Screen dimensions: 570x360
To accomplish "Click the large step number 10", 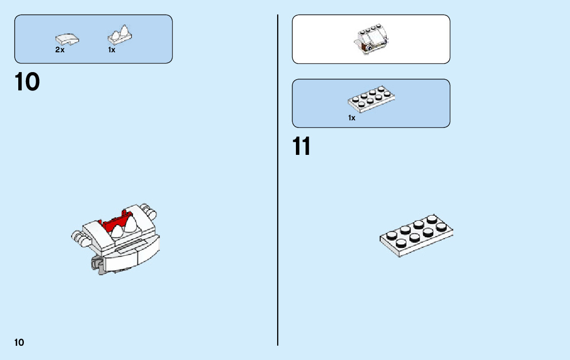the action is tap(27, 82).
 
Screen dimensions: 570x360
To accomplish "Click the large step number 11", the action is tap(301, 147).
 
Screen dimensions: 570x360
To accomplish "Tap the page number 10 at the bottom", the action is tap(19, 342).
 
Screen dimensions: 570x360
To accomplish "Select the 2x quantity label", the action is tap(60, 50).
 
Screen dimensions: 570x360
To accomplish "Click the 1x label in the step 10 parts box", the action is tap(112, 50).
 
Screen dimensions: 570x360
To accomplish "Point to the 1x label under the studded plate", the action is tap(352, 118).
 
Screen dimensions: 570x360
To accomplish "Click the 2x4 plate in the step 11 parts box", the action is tap(372, 99).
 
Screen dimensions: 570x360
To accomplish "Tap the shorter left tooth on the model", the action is tap(118, 232).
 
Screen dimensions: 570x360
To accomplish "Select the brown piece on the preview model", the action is tap(364, 49).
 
